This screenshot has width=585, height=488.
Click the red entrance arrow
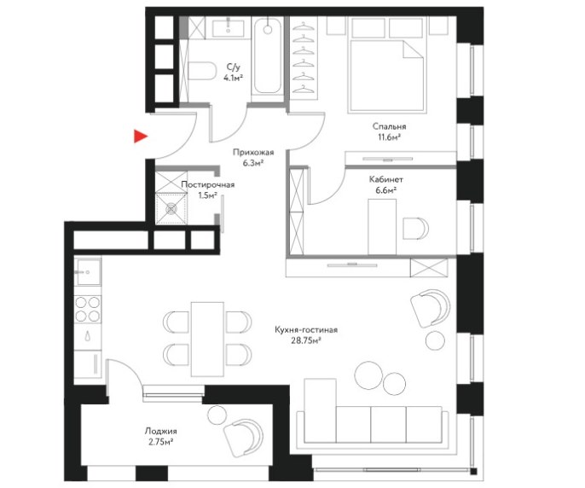[140, 137]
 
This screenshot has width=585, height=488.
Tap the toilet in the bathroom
[202, 71]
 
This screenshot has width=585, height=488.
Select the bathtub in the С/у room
[267, 56]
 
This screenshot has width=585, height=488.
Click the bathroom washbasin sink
[228, 28]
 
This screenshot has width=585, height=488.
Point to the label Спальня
[389, 126]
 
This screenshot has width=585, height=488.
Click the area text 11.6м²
[389, 137]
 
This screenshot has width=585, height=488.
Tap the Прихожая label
[253, 153]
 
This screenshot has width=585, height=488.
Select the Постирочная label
[208, 185]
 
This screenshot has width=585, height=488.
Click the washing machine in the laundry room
[171, 209]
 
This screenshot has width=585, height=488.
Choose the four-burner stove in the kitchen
[88, 309]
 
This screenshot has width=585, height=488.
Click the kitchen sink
[88, 272]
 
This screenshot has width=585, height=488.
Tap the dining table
[207, 339]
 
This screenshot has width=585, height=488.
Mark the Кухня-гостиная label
[306, 330]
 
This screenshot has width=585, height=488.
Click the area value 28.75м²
[306, 340]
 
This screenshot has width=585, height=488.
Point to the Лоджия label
[161, 431]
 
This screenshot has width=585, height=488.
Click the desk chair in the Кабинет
[415, 228]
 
